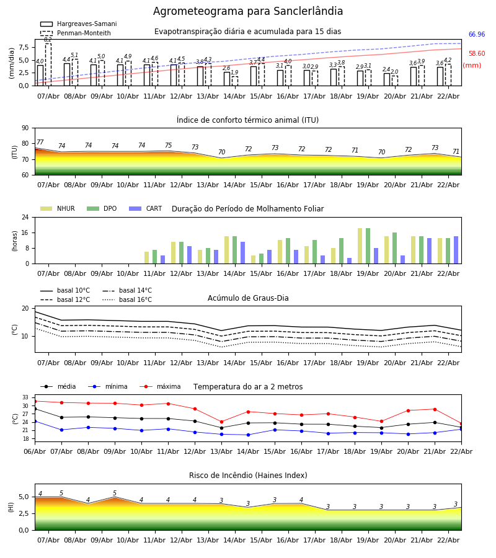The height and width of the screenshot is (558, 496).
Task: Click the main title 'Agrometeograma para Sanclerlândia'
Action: point(248,12)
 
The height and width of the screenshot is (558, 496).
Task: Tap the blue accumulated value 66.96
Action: point(477,35)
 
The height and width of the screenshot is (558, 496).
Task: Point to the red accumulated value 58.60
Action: point(477,54)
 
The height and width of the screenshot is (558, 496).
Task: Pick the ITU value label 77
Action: point(40,143)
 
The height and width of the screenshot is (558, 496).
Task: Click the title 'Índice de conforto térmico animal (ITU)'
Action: point(248,120)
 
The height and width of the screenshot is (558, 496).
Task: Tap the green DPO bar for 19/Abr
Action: point(368,246)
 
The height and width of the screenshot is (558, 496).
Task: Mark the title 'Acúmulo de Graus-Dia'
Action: point(248,298)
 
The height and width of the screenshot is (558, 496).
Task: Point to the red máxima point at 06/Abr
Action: point(35,401)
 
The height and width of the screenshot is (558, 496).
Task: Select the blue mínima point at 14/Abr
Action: point(248,435)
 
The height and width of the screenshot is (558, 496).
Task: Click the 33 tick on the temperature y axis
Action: point(25,397)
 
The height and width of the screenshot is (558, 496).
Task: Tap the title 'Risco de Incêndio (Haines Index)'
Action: point(248,476)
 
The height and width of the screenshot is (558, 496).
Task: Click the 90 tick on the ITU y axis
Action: point(25,128)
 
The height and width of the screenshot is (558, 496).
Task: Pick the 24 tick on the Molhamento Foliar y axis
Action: point(25,218)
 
